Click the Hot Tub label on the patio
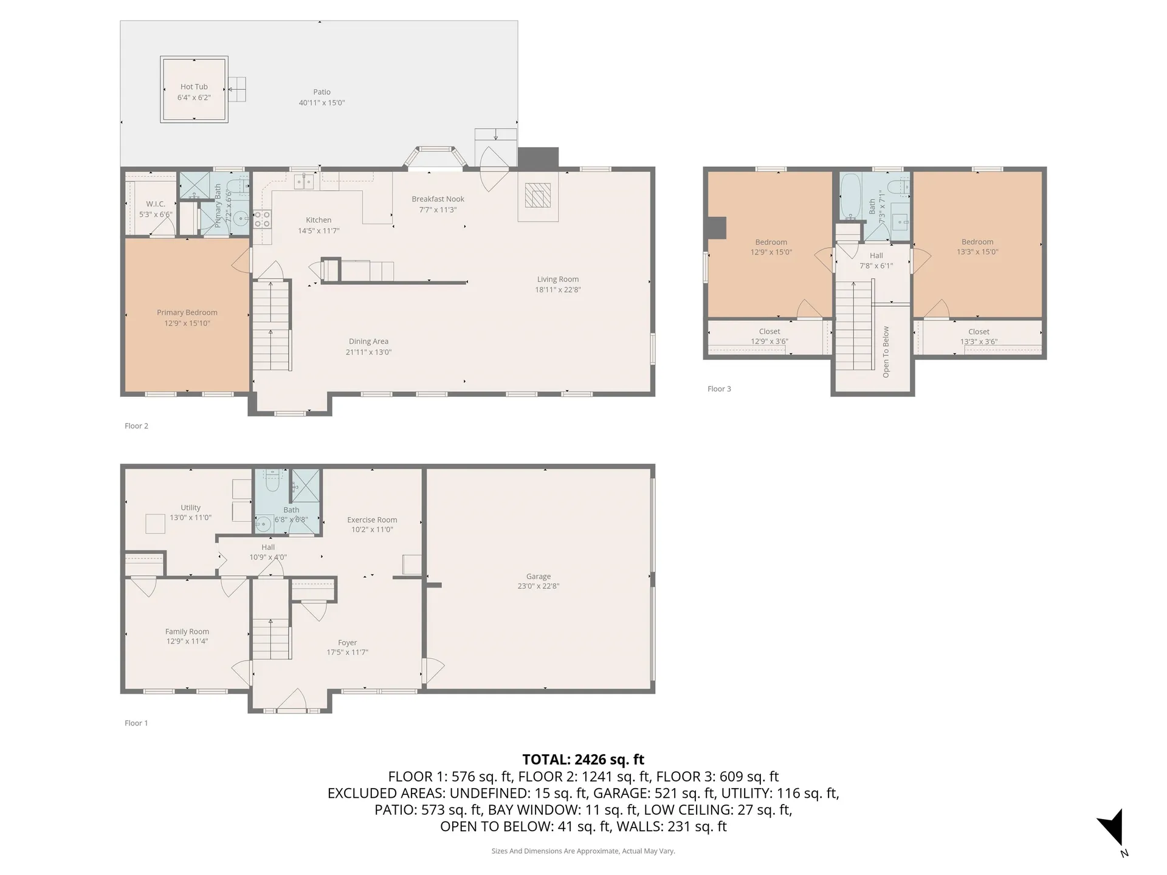(x=194, y=92)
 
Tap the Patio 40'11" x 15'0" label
(x=322, y=97)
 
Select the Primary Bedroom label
(x=187, y=318)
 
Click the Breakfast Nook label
(x=438, y=204)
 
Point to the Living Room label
(x=558, y=284)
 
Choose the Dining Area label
(x=368, y=346)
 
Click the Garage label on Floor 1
(x=539, y=581)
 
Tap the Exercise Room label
(x=372, y=524)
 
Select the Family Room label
(x=187, y=636)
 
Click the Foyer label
(x=348, y=647)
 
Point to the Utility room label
(x=190, y=512)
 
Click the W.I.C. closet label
(x=156, y=209)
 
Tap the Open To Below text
(x=886, y=352)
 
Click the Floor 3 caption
(x=719, y=389)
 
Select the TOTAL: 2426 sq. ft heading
(x=583, y=760)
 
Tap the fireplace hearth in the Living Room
(x=538, y=196)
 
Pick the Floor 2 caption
(x=136, y=426)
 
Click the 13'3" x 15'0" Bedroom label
(x=977, y=247)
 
